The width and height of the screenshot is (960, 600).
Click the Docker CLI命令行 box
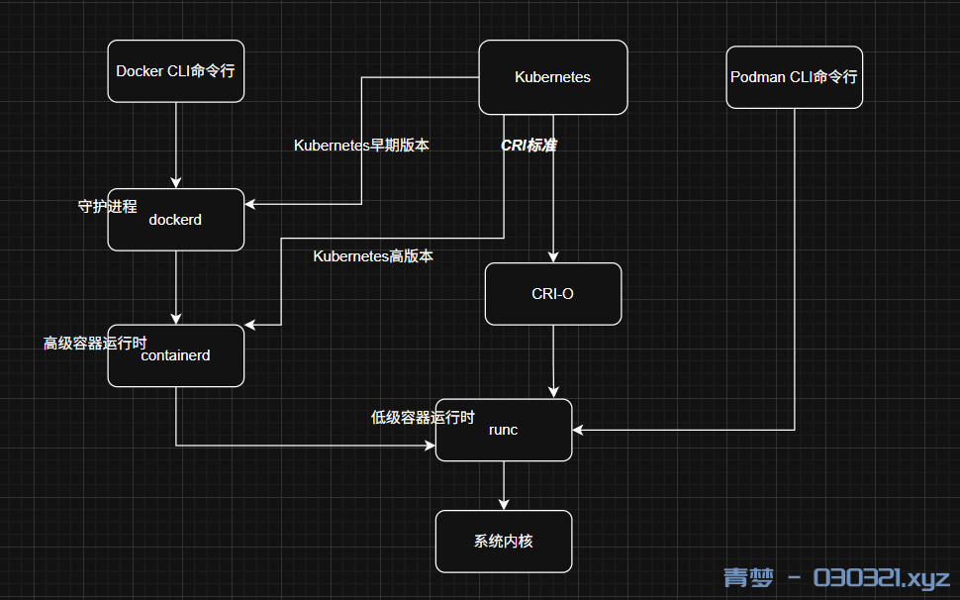(175, 70)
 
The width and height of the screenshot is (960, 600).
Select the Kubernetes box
(552, 77)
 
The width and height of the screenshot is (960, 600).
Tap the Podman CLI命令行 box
(794, 77)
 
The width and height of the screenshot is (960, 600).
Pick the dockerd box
(175, 220)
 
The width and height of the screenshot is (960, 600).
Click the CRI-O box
(552, 294)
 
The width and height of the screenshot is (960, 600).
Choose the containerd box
(175, 355)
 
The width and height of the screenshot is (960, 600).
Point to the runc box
(503, 430)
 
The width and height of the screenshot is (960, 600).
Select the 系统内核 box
(503, 542)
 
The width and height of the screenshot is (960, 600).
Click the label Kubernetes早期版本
(361, 146)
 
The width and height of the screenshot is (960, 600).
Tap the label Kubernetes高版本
(373, 256)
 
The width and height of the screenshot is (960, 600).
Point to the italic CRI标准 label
(528, 146)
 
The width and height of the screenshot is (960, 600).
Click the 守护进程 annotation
(107, 207)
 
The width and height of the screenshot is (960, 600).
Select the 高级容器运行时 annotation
(94, 344)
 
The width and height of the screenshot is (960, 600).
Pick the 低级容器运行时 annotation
(423, 418)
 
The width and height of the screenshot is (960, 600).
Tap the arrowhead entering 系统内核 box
(503, 505)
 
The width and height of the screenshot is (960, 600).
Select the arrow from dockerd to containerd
(175, 287)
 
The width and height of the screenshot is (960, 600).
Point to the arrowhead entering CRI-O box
(552, 257)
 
